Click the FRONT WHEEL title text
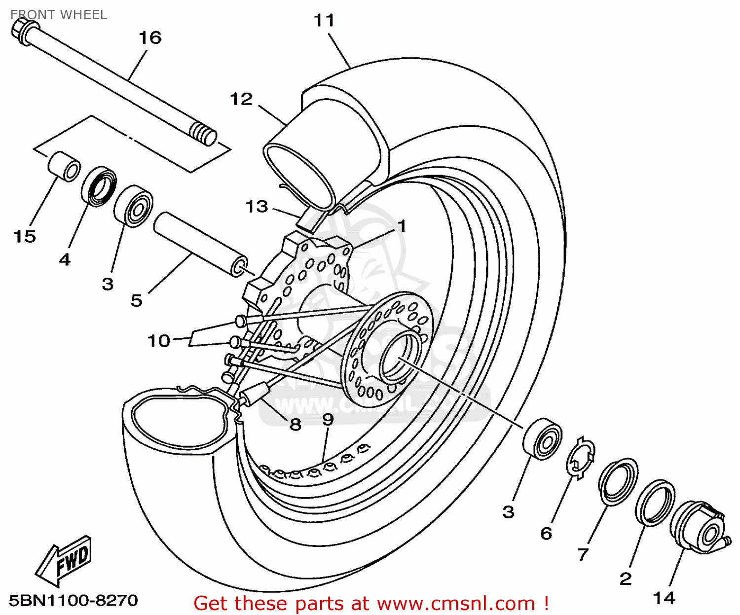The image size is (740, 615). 59,15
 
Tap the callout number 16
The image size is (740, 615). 149,37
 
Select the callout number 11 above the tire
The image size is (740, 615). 324,21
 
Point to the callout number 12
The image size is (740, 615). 241,100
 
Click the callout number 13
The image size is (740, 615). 257,206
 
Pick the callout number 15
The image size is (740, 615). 25,236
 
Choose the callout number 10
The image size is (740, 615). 159,340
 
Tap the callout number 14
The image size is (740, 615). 664,598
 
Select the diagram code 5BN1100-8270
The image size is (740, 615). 74,601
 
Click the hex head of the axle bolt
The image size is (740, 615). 21,31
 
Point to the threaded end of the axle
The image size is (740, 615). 203,134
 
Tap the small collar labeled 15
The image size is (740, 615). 64,166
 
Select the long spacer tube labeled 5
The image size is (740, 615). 200,243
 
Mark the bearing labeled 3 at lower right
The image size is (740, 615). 542,439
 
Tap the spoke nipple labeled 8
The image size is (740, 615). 255,395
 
